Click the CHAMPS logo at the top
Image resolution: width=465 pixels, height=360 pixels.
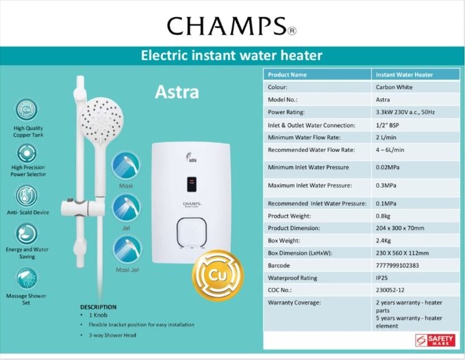[231, 26]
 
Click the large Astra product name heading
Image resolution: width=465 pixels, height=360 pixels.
[177, 92]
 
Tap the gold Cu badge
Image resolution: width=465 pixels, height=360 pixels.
[218, 276]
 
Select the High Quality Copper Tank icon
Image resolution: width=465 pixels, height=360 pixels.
[27, 110]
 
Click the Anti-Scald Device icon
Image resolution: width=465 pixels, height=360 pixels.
[27, 196]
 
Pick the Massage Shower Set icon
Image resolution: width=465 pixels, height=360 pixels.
[27, 279]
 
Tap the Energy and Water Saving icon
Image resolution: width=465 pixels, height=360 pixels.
[27, 234]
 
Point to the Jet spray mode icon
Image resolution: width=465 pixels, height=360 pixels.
[126, 209]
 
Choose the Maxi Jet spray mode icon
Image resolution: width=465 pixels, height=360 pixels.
[127, 250]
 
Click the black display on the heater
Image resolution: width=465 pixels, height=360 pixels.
[192, 184]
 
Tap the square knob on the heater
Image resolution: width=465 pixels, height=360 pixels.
[192, 233]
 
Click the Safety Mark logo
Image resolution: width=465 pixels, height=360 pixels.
[435, 340]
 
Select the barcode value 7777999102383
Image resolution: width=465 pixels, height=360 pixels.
[397, 266]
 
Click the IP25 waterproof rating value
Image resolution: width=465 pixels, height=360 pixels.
[381, 278]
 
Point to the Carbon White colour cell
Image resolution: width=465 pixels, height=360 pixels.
[394, 87]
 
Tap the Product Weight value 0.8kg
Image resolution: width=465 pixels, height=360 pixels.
[383, 216]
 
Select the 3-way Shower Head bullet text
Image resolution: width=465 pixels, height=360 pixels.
[112, 335]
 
